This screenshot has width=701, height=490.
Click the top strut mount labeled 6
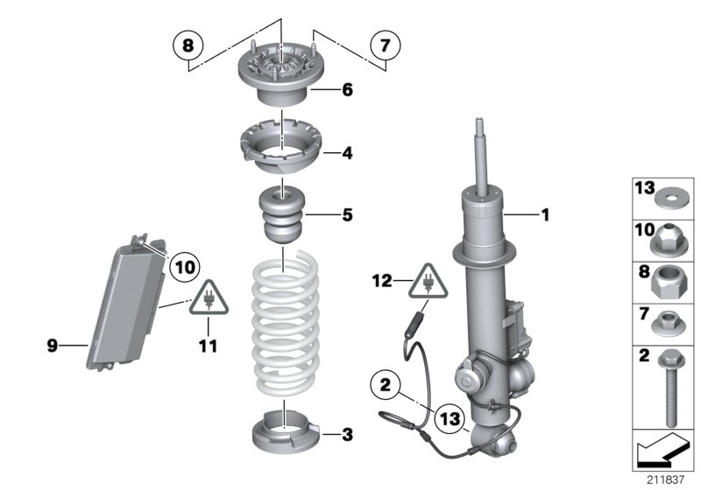pyautogui.click(x=280, y=74)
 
